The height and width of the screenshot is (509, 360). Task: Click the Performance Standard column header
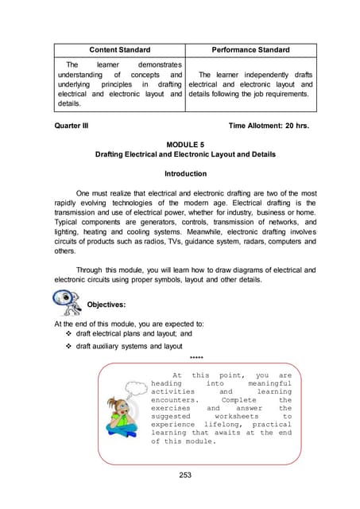coord(250,50)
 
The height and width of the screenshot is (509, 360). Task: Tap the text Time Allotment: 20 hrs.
coord(272,126)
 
